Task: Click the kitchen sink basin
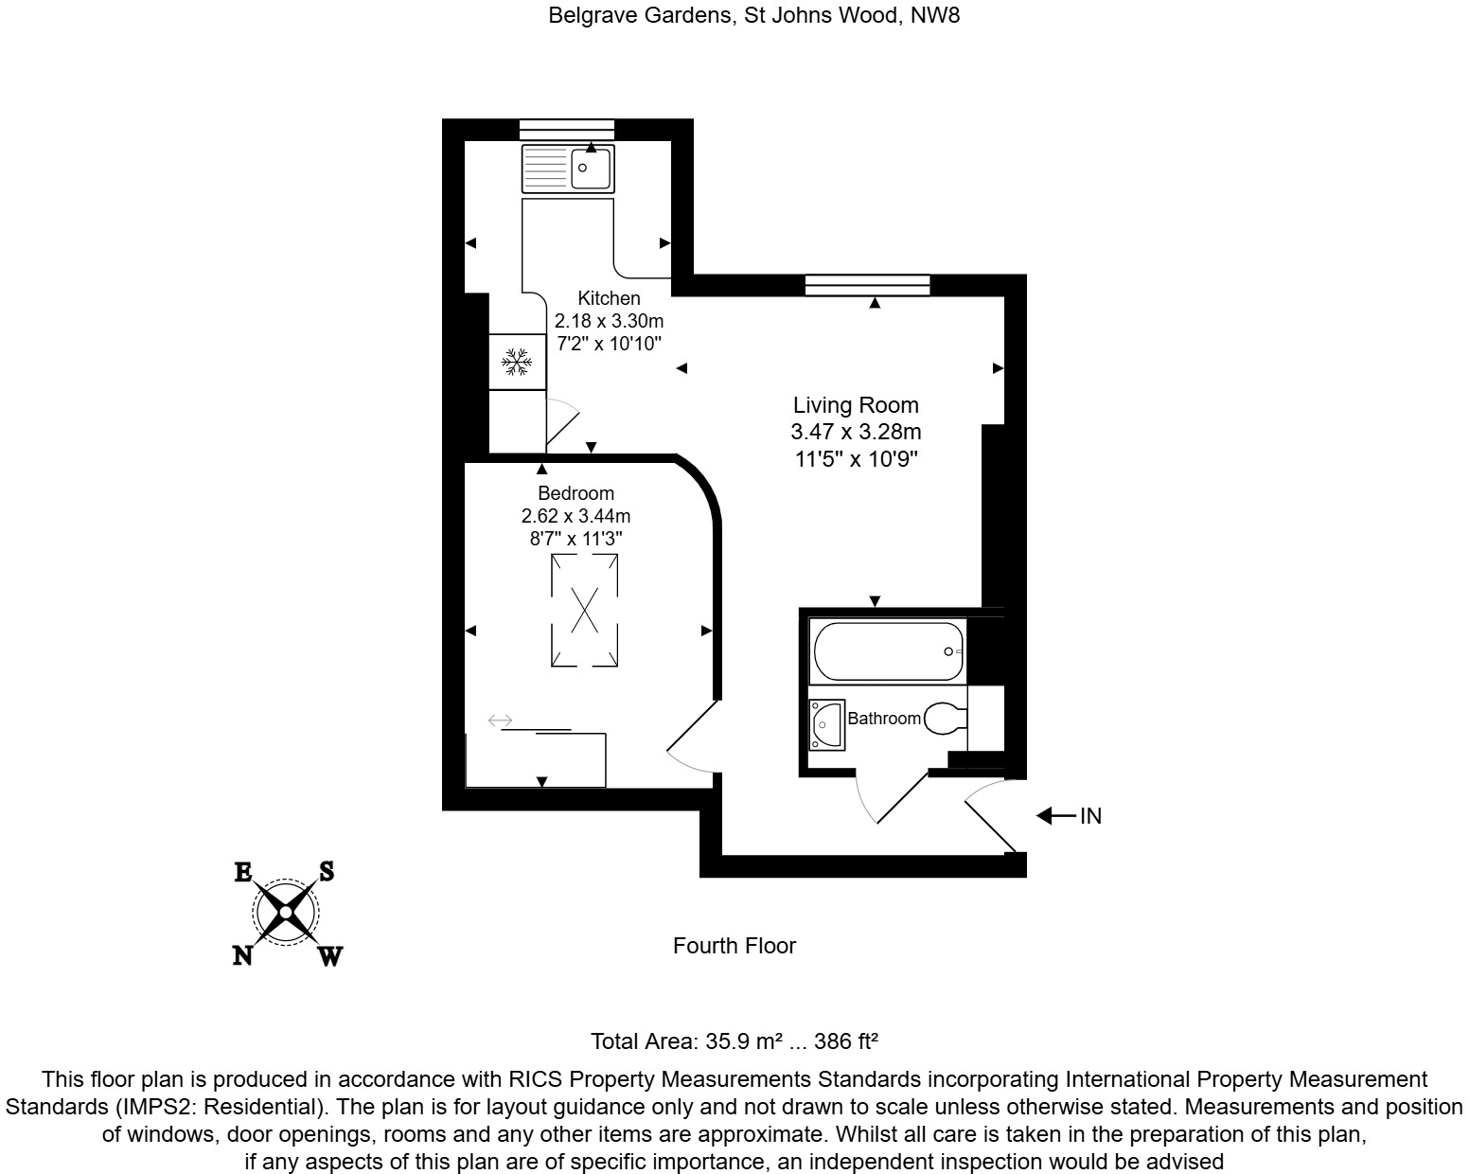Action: click(593, 169)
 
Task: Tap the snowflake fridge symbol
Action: click(517, 362)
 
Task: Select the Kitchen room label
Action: click(609, 298)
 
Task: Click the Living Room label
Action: click(856, 405)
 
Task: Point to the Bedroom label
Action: click(575, 493)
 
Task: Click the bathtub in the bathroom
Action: click(887, 651)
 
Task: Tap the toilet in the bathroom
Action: click(944, 719)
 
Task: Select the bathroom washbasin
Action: click(826, 724)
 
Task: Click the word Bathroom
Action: click(883, 719)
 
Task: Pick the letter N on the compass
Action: click(242, 956)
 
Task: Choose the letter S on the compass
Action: click(326, 871)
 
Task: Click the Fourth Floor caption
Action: click(734, 946)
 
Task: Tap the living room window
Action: click(867, 284)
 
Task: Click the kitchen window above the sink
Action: click(566, 130)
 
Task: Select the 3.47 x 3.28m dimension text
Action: click(856, 433)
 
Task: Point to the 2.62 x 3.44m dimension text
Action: click(575, 516)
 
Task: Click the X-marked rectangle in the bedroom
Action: click(585, 610)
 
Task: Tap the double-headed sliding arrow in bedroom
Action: click(500, 721)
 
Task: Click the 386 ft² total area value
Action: click(847, 1042)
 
